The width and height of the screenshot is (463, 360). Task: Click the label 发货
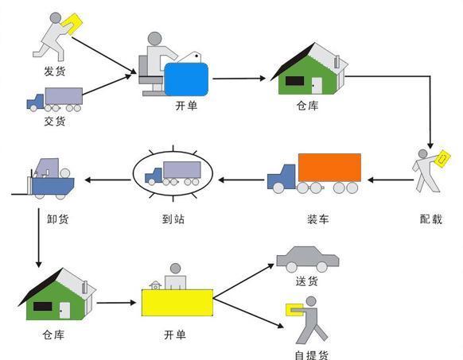click(x=54, y=72)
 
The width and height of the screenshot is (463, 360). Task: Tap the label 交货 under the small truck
click(x=54, y=122)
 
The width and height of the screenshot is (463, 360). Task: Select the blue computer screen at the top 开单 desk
click(x=187, y=79)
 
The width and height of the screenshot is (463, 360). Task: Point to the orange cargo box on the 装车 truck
click(x=329, y=168)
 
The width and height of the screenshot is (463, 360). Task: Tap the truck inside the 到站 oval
click(x=173, y=174)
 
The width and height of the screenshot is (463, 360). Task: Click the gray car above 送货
click(x=306, y=258)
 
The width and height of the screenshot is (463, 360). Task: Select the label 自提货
click(x=311, y=355)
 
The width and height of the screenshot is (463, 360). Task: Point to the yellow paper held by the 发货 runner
click(x=78, y=22)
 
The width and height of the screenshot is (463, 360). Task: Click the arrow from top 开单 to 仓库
click(x=239, y=78)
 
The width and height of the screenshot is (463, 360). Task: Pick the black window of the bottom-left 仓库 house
click(x=42, y=306)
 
